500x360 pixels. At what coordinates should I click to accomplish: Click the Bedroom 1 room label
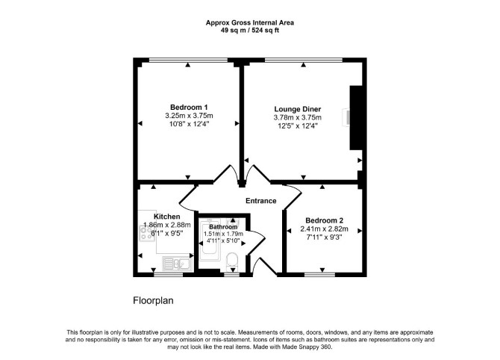click(189, 108)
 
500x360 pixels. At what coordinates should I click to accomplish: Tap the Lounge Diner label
click(298, 109)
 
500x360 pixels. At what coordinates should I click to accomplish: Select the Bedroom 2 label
click(325, 220)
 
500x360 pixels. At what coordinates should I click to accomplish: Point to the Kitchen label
click(166, 217)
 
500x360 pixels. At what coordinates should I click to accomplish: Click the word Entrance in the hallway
click(261, 201)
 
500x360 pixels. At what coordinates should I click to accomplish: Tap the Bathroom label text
click(223, 227)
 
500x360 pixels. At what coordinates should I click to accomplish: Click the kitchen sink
click(178, 264)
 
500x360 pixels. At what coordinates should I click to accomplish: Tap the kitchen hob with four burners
click(147, 233)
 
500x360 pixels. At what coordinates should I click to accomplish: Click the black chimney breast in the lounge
click(356, 118)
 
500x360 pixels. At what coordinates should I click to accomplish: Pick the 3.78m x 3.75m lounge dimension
click(298, 117)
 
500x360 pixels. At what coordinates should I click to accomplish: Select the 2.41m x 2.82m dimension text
click(325, 229)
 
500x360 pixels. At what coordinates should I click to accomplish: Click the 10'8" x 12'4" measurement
click(189, 124)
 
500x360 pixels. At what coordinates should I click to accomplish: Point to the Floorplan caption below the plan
click(153, 301)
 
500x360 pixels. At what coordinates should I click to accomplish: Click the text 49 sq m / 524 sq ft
click(250, 31)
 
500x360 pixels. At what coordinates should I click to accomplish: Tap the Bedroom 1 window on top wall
click(189, 60)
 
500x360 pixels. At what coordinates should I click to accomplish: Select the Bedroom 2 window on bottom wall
click(320, 274)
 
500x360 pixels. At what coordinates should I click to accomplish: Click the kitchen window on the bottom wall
click(169, 274)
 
